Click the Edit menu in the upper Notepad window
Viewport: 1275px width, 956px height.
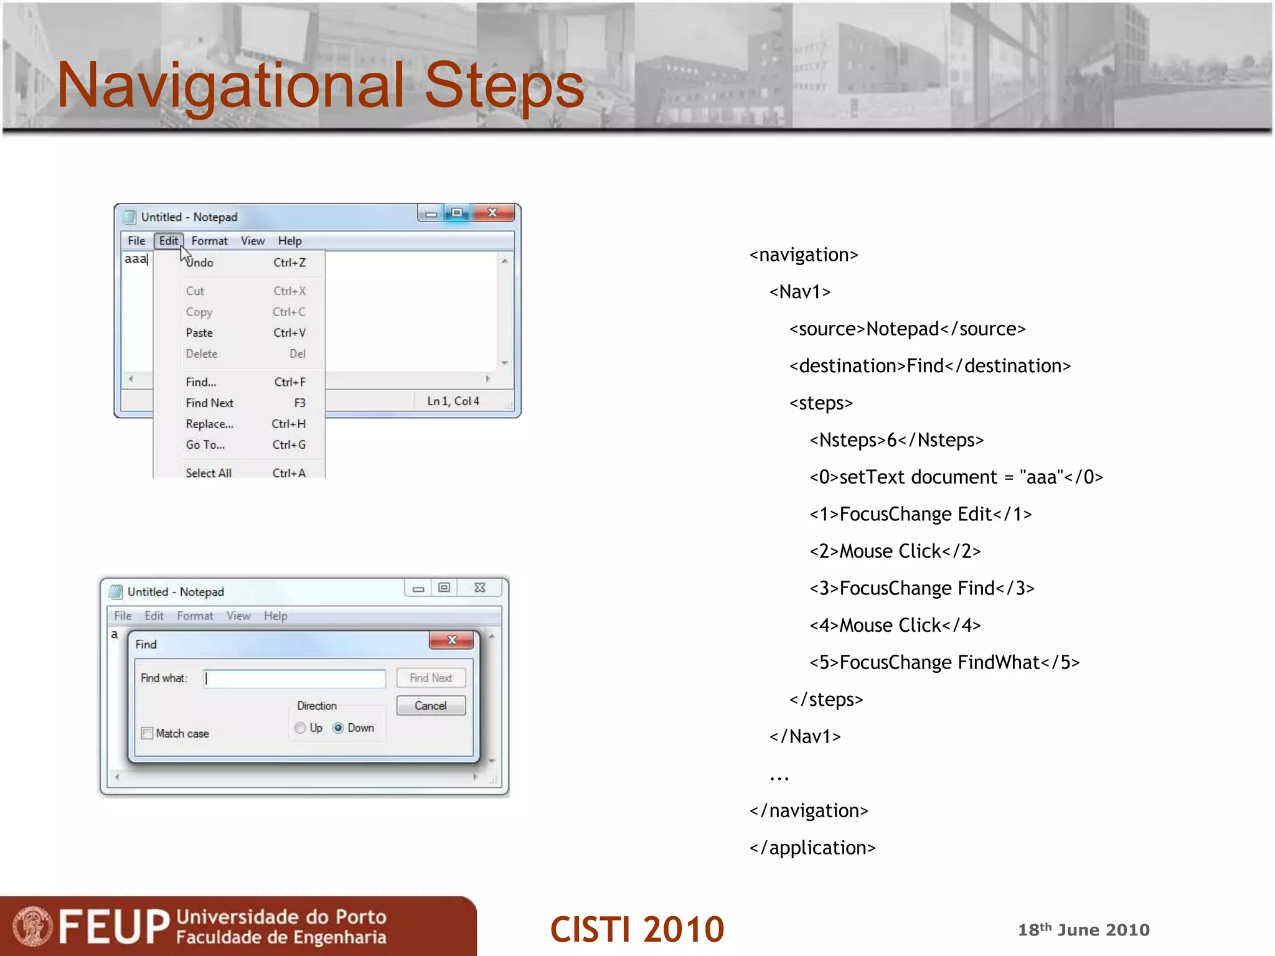pyautogui.click(x=168, y=241)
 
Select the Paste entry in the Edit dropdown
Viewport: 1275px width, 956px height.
pyautogui.click(x=199, y=333)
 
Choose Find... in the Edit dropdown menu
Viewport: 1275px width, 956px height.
pyautogui.click(x=201, y=382)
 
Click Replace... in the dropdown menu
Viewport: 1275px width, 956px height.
pyautogui.click(x=209, y=424)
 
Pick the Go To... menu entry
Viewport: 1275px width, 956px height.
pyautogui.click(x=205, y=445)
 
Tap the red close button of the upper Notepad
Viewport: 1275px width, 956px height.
pyautogui.click(x=492, y=213)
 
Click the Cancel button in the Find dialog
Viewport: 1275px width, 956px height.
pyautogui.click(x=431, y=706)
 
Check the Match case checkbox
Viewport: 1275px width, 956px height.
pyautogui.click(x=148, y=733)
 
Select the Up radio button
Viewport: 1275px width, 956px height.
pyautogui.click(x=301, y=728)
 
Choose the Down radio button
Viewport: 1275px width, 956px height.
pyautogui.click(x=339, y=728)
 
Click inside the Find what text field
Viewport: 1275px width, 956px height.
pyautogui.click(x=294, y=678)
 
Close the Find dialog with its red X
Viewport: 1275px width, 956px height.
pyautogui.click(x=452, y=640)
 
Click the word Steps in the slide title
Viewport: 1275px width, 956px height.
pyautogui.click(x=504, y=85)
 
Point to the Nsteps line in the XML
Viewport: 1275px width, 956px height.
pyautogui.click(x=896, y=441)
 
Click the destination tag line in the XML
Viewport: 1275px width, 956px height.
pyautogui.click(x=930, y=366)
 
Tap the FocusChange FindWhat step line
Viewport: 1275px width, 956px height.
pyautogui.click(x=944, y=662)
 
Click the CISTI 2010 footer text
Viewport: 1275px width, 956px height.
pyautogui.click(x=637, y=929)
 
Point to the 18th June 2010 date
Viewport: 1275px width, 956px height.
pyautogui.click(x=1083, y=930)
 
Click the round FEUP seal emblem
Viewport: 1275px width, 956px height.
pyautogui.click(x=32, y=926)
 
